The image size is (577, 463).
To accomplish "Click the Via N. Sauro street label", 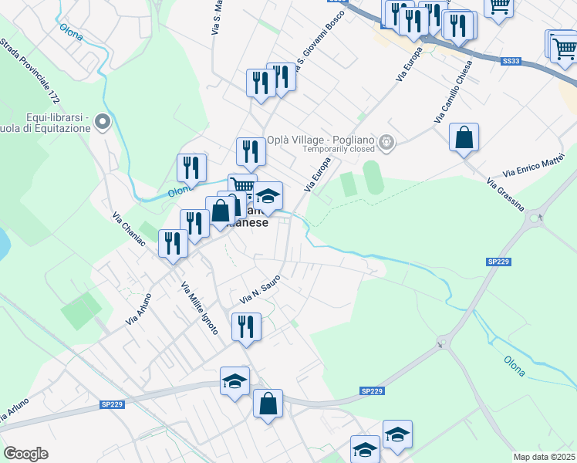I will click(258, 290).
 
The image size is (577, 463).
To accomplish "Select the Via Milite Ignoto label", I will click(199, 309).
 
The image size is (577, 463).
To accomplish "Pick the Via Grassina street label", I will click(505, 195).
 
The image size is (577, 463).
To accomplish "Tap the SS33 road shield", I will click(511, 60).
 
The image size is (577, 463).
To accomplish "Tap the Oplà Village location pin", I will click(387, 142).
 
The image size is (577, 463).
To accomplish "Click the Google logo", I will click(25, 454).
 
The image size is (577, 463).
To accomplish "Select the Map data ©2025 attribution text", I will click(544, 457).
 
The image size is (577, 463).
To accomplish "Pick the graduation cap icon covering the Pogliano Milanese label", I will click(268, 196).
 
